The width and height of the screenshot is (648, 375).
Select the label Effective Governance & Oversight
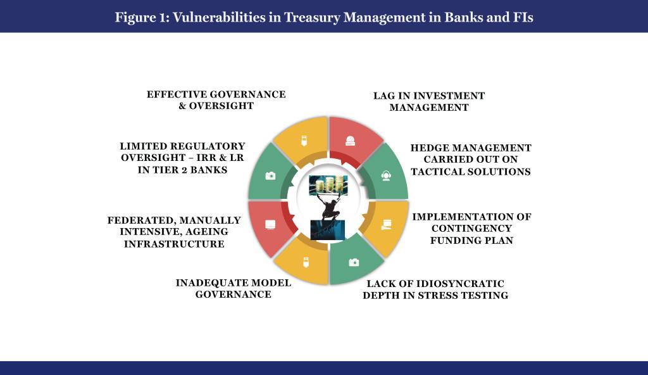coord(216,100)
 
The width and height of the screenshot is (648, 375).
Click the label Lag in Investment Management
coord(429,101)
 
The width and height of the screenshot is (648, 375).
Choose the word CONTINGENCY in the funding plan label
coord(471,229)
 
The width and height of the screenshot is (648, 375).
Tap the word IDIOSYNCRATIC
coord(460,284)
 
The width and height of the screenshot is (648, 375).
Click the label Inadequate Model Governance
coord(234,288)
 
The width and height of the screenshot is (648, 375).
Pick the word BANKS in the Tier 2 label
coord(209,170)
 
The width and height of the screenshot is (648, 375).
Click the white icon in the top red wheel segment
coord(351,141)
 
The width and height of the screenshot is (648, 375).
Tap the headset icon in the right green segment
coord(386,176)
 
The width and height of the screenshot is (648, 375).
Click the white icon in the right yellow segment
coord(387,225)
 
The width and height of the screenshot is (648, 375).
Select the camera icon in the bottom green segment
coord(354,262)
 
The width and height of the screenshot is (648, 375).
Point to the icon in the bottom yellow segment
coord(306,262)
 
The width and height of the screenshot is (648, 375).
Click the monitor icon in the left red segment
coord(270,225)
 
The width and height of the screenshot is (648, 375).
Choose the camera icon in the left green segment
coord(270,176)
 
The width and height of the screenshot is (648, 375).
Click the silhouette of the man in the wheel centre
coord(328,207)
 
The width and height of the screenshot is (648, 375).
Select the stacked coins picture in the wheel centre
coord(328,184)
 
